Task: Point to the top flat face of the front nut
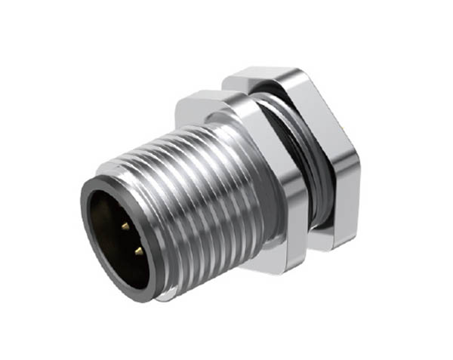[x=200, y=102]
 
